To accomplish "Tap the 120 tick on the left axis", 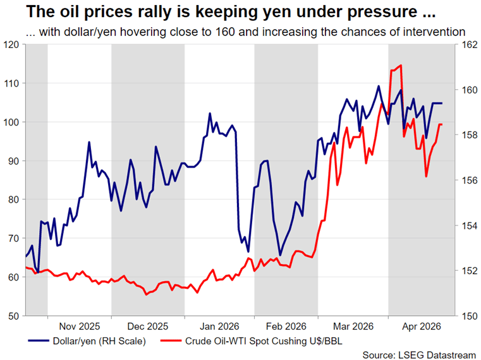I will coord(11,44).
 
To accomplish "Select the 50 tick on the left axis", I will coord(14,315).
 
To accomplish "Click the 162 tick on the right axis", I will coord(466,44).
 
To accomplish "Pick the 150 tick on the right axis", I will coord(466,315).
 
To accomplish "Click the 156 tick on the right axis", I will coord(466,180).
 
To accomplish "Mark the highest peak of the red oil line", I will coord(401,65).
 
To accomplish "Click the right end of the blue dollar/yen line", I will coord(442,103).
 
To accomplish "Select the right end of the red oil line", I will coord(442,124).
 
